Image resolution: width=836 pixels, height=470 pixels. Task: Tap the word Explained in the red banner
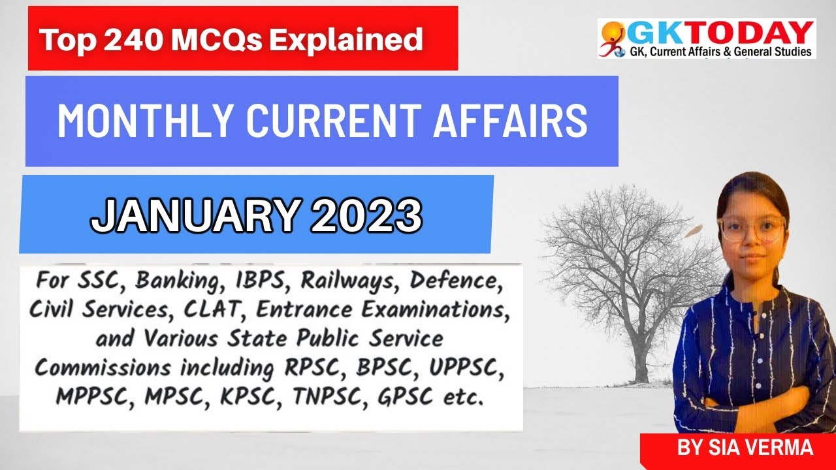(x=346, y=40)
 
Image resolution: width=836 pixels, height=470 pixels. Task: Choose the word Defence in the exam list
(x=455, y=282)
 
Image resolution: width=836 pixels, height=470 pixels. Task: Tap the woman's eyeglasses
(x=751, y=228)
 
